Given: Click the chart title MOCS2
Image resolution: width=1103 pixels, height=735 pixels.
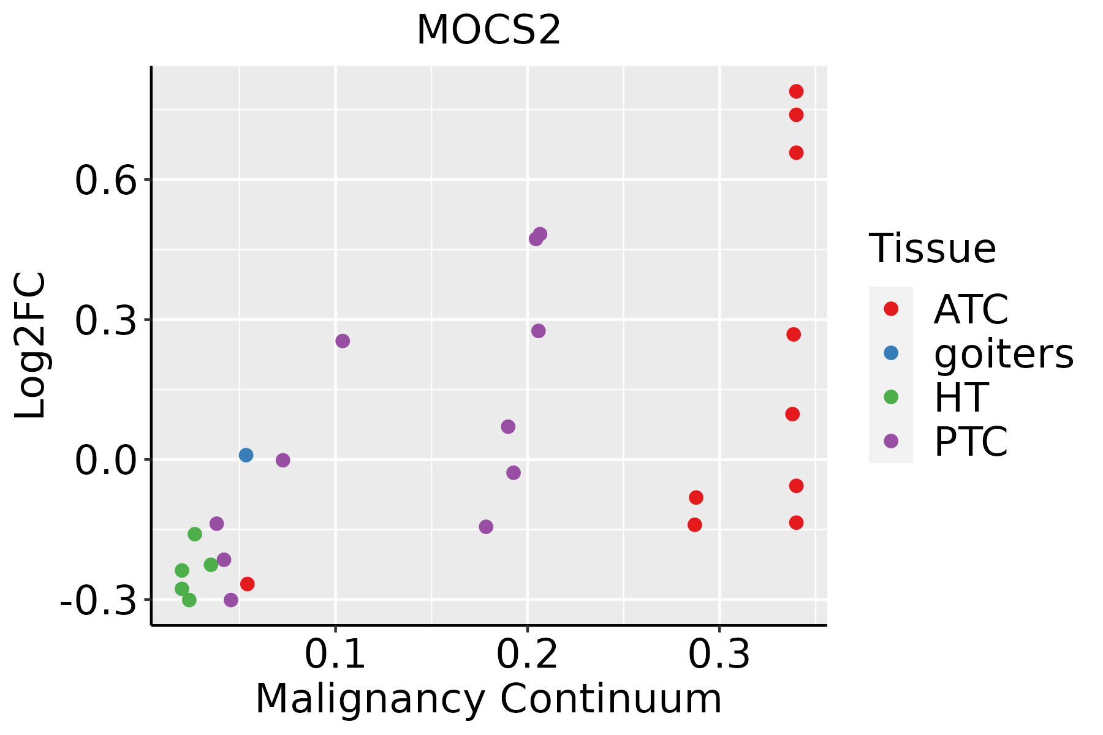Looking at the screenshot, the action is click(x=488, y=30).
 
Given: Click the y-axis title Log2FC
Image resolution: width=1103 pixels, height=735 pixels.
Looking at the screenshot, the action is click(x=30, y=345).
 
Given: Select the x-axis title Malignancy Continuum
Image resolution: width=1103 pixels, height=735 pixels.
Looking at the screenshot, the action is click(x=488, y=699).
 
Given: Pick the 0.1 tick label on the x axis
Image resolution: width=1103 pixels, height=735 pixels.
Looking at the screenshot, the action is click(x=335, y=655).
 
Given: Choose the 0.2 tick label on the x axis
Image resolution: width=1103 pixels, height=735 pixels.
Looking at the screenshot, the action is click(x=527, y=655).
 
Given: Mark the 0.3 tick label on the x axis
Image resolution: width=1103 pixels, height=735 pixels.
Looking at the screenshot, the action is click(x=719, y=655).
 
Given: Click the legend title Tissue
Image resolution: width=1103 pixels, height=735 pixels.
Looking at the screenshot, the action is click(x=933, y=249).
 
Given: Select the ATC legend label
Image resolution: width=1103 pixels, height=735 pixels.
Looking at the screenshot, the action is click(x=971, y=309).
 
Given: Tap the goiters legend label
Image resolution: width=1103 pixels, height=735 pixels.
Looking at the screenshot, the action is click(x=1004, y=353).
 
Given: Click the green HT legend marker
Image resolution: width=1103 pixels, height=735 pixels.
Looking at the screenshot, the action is click(x=891, y=397).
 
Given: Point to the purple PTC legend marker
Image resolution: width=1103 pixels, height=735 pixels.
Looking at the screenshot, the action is click(x=891, y=441).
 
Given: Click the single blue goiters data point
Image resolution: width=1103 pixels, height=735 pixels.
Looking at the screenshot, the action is click(x=246, y=455).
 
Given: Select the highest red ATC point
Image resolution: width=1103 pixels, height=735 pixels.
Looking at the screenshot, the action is click(x=796, y=91).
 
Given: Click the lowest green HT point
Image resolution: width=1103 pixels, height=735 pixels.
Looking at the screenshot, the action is click(x=189, y=600).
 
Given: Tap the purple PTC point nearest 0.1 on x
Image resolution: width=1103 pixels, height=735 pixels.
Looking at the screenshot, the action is click(x=343, y=341).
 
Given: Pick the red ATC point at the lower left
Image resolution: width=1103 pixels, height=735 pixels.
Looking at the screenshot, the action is click(x=248, y=584).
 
